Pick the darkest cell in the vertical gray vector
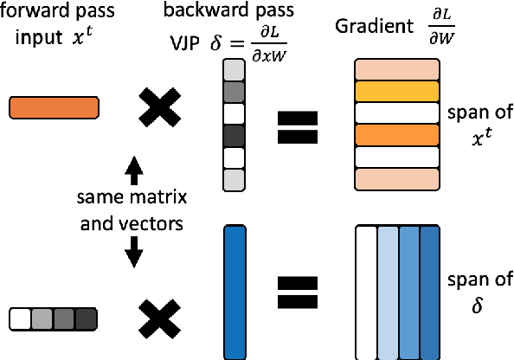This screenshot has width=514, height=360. pos(234,137)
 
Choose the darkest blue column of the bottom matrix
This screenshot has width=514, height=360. pos(429,292)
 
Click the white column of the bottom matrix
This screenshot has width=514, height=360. pos(366,292)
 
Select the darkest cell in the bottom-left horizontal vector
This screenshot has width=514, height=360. pos(86,320)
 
